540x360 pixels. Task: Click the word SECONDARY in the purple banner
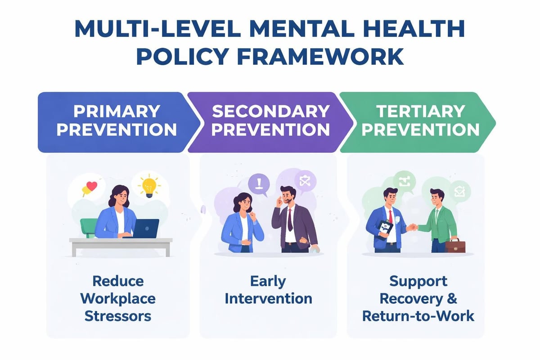270,111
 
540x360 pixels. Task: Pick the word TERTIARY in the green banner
421,111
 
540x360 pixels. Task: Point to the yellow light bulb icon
149,186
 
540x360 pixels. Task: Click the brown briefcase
455,246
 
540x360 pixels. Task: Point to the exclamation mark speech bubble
258,184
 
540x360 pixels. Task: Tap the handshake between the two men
412,227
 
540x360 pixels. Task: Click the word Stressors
117,315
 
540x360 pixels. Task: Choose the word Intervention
268,298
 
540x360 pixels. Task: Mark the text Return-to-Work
418,315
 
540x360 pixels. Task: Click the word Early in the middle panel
268,281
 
